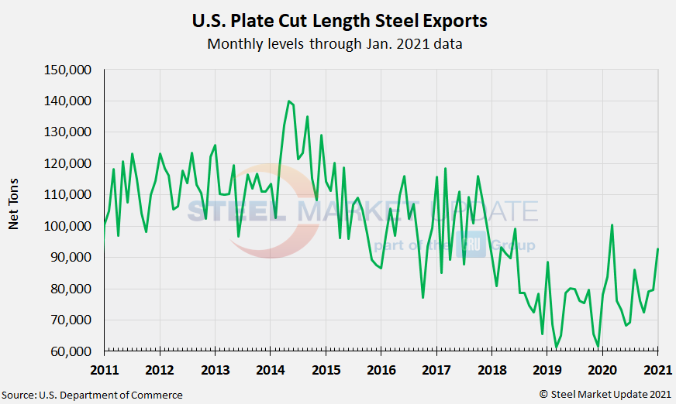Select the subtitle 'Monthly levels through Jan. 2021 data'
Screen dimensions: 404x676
coord(335,44)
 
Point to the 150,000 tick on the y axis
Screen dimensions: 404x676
coord(71,70)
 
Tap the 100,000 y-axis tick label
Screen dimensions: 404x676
coord(71,226)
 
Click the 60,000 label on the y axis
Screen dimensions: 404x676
coord(74,351)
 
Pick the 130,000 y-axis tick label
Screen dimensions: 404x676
coord(71,132)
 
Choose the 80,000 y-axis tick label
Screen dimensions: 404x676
coord(74,289)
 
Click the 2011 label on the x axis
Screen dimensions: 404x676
coord(104,369)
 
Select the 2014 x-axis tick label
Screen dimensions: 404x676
coord(270,369)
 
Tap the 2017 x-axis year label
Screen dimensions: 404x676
coord(436,369)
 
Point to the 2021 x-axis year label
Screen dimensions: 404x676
coord(658,369)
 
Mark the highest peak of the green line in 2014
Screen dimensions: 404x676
coord(288,101)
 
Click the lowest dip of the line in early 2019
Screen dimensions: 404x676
coord(556,348)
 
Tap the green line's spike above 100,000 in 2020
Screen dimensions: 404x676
coord(612,225)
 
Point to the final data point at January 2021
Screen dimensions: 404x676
coord(658,249)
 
